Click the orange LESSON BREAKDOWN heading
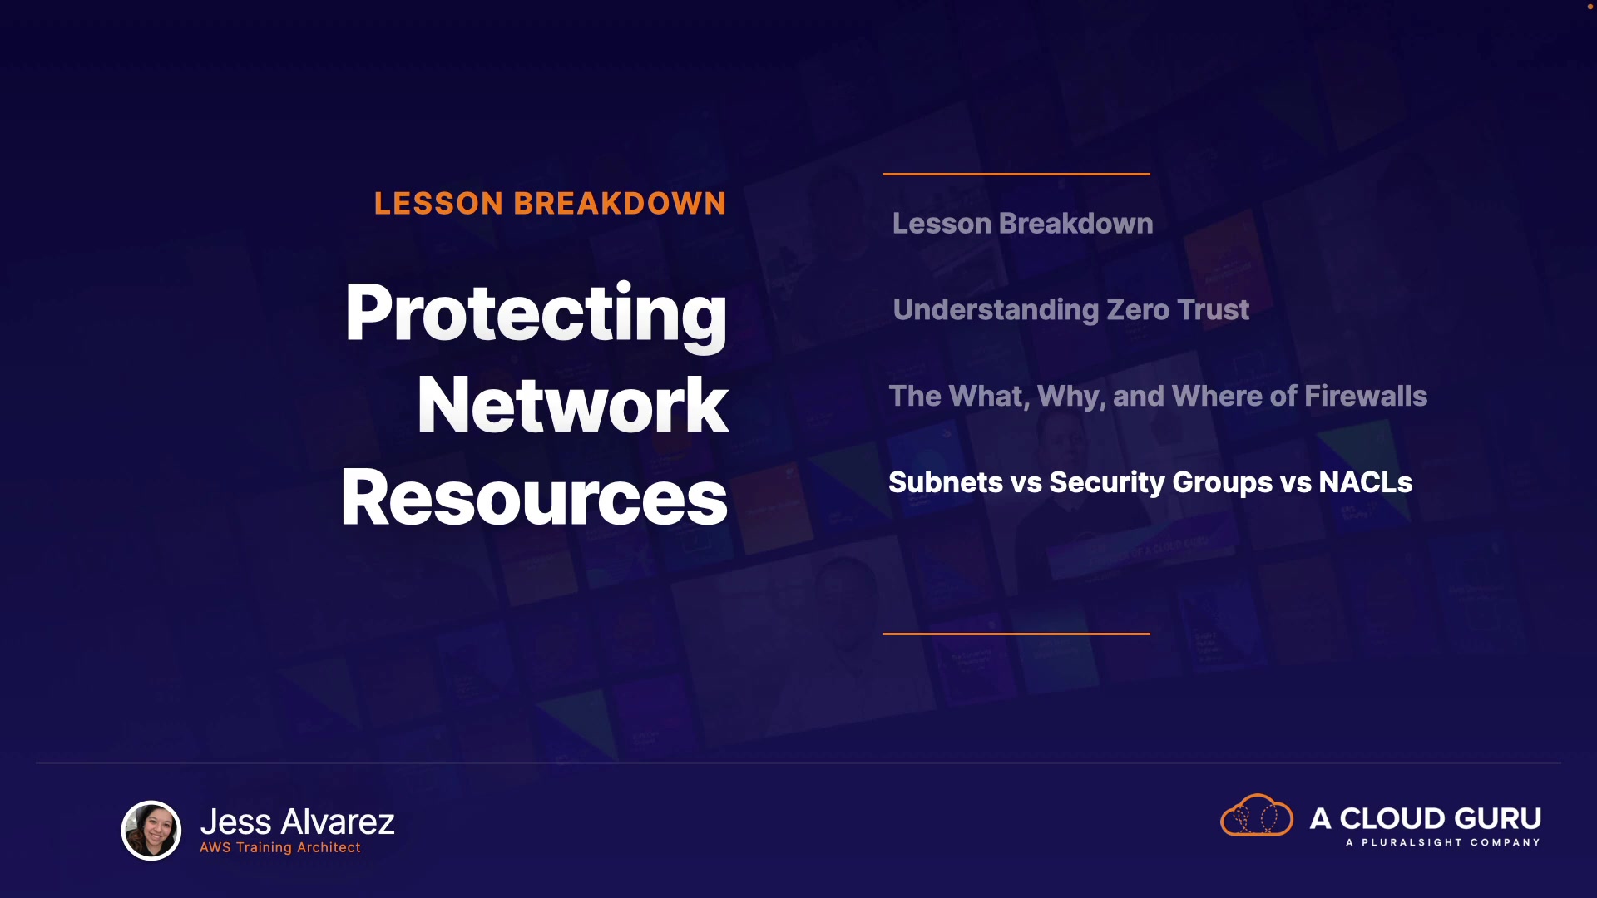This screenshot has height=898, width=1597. point(550,204)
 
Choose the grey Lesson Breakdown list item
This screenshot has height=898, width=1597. point(1022,223)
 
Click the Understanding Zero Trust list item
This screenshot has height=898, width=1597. point(1070,310)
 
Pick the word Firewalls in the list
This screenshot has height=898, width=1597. point(1366,396)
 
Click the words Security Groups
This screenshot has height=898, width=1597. point(1161,483)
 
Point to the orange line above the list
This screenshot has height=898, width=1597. point(1016,174)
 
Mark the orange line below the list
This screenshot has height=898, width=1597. point(1016,634)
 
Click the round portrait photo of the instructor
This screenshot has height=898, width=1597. point(151,830)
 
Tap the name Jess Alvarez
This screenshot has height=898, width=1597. point(297,822)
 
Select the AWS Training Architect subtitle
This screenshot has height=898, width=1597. point(280,847)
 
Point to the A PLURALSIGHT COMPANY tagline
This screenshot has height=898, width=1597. point(1443,842)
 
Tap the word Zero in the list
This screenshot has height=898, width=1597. point(1138,310)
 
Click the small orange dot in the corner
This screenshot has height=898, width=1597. point(1590,7)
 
